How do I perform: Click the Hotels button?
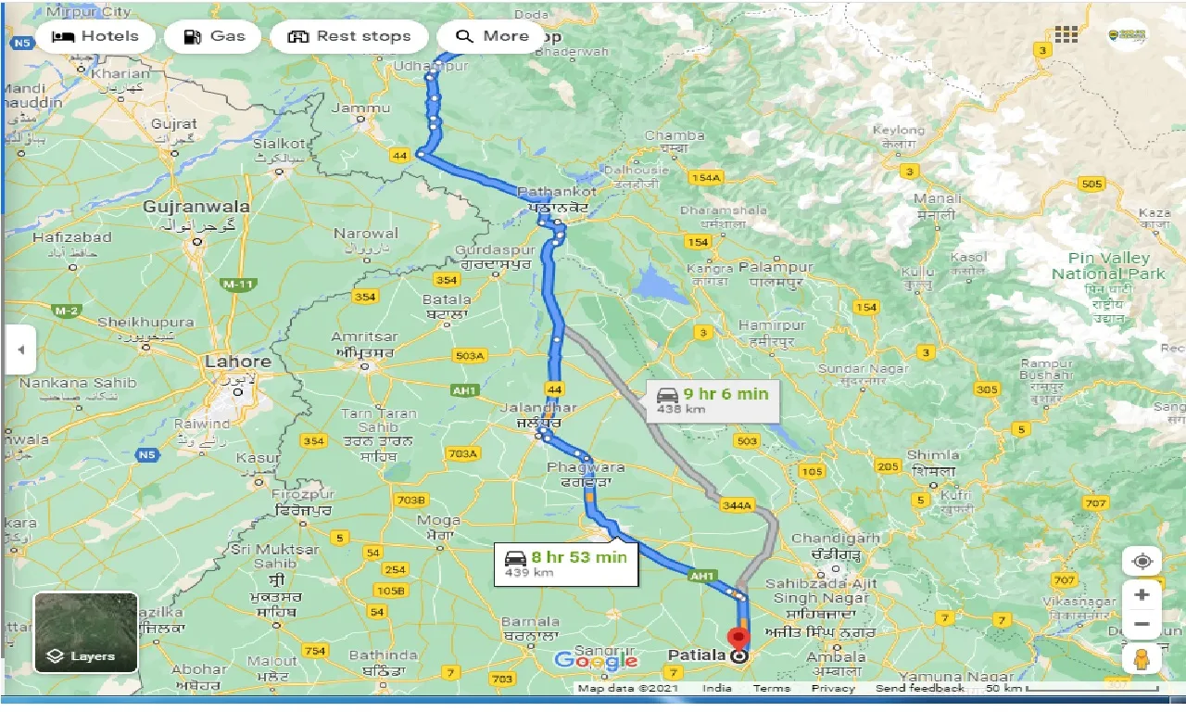(95, 36)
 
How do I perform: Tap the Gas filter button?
(214, 36)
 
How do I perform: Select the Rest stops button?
(348, 36)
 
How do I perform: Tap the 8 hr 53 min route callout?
(566, 563)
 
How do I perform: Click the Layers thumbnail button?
(86, 632)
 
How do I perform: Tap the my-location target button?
(1142, 562)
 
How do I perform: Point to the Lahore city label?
(238, 362)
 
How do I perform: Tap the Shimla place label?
(933, 454)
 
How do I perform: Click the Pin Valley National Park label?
(1108, 266)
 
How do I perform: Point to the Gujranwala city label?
(196, 206)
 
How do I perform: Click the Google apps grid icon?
(1066, 34)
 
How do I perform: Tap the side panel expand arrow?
(19, 350)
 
